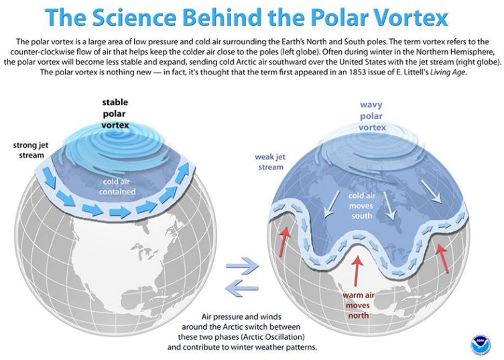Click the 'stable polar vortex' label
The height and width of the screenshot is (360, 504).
pyautogui.click(x=115, y=113)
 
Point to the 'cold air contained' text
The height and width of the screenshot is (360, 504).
pyautogui.click(x=119, y=186)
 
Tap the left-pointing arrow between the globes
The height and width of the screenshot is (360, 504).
pyautogui.click(x=241, y=286)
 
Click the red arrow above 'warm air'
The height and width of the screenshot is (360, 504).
pyautogui.click(x=359, y=270)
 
